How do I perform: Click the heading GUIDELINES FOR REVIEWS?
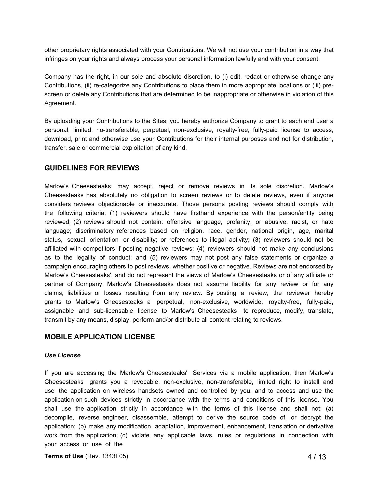pos(92,168)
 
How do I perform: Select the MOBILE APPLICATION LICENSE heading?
pos(100,337)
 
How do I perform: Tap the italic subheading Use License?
pos(62,355)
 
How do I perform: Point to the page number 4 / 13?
pos(317,457)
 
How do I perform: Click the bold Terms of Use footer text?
pos(64,456)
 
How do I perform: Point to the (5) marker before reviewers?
pos(154,257)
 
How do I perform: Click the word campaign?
pos(58,266)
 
